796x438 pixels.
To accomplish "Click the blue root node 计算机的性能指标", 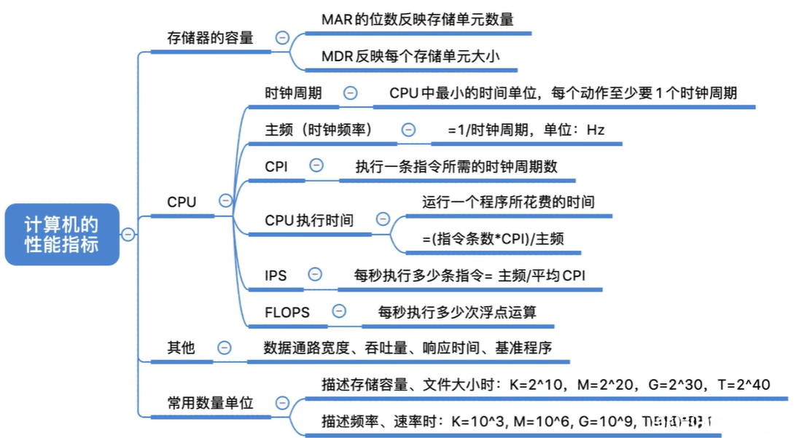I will [x=61, y=234].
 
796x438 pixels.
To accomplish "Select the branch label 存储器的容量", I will [x=209, y=38].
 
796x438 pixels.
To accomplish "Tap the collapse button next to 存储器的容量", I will [x=281, y=38].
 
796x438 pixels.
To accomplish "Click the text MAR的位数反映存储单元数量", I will [x=417, y=20].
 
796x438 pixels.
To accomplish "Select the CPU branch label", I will [x=182, y=202].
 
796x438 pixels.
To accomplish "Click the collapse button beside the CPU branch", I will [x=226, y=201].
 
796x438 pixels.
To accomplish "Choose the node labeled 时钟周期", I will [x=293, y=93].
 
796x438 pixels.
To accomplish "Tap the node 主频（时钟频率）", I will [x=319, y=129].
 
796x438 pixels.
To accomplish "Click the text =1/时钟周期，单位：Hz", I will [x=526, y=130].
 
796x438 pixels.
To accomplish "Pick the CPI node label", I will [x=276, y=166].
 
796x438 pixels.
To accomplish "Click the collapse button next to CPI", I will [x=316, y=165].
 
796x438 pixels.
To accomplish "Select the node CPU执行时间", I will [x=309, y=220].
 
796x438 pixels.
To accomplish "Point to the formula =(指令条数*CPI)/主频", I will [x=493, y=238].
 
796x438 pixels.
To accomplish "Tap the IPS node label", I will [x=276, y=275].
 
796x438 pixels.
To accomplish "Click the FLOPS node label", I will [x=287, y=312].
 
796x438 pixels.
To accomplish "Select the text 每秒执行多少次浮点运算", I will [x=457, y=312].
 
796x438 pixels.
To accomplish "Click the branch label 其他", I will [x=181, y=348].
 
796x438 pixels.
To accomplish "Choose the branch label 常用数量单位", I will [x=209, y=402].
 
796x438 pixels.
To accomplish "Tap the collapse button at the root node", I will [x=128, y=234].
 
